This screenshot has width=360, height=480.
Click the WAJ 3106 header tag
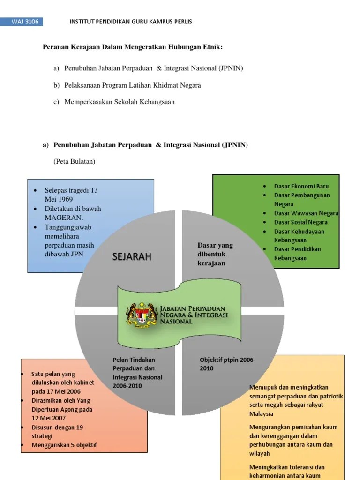point(26,22)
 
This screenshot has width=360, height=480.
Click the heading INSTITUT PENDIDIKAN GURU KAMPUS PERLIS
point(131,22)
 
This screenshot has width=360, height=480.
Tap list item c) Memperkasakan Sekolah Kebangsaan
point(120,102)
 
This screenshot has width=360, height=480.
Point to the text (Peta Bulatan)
point(75,162)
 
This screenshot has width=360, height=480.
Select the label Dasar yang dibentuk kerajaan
point(215,254)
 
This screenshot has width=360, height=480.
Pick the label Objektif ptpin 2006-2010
point(227,364)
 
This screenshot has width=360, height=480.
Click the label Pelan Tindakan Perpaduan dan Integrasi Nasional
point(137,373)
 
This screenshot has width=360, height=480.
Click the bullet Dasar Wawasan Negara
point(306,213)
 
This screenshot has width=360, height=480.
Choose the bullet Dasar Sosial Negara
point(300,222)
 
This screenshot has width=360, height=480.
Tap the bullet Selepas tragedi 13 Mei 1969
point(71,195)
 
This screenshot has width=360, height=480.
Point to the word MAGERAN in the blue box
point(64,217)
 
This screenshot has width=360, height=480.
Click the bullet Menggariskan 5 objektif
point(64,445)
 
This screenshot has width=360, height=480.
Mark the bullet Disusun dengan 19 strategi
point(57,432)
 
